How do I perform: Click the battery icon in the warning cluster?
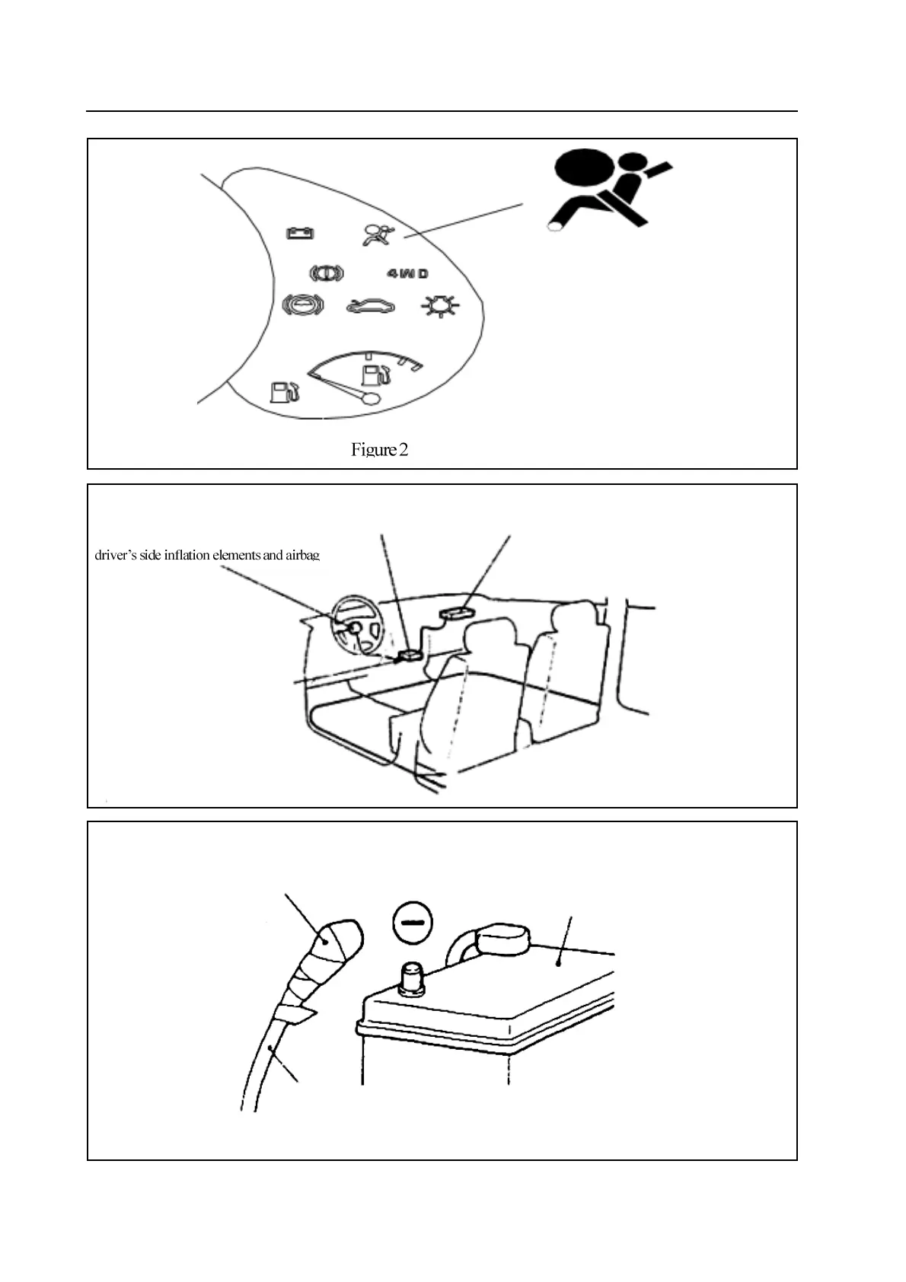coord(299,232)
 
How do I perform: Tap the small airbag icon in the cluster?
coord(378,234)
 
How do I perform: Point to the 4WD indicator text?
coord(407,273)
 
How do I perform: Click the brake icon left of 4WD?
coord(326,273)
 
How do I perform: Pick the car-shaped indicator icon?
coord(371,307)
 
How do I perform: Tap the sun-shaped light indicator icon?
coord(440,307)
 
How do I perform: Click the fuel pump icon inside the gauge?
coord(374,375)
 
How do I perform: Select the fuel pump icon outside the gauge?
coord(284,391)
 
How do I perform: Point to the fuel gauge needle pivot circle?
coord(371,398)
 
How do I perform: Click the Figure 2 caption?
coord(379,450)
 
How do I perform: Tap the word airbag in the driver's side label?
coord(302,555)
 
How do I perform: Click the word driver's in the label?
coord(115,555)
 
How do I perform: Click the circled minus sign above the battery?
coord(412,923)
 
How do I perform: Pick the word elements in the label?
coord(236,555)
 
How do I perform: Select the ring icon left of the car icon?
coord(302,306)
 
